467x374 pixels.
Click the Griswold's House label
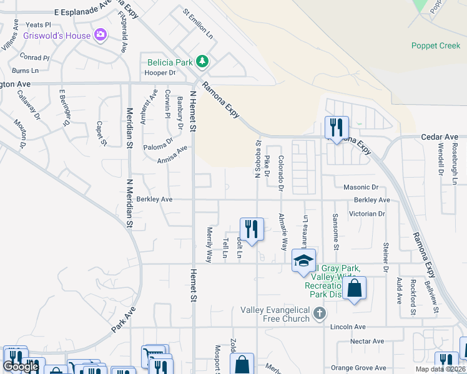pos(57,36)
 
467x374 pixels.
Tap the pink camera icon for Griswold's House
pos(100,35)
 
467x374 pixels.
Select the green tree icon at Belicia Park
pos(202,61)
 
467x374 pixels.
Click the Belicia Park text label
pos(170,62)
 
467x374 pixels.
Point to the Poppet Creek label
pos(436,46)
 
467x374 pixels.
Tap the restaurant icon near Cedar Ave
pos(337,128)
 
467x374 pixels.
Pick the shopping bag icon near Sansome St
pos(354,289)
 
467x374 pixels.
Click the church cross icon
pos(320,312)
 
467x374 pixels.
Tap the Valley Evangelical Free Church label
pos(275,314)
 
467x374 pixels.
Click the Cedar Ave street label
pos(440,137)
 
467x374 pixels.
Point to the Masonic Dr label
pos(361,187)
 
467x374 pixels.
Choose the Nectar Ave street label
pos(367,341)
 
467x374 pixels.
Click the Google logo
pos(21,367)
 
